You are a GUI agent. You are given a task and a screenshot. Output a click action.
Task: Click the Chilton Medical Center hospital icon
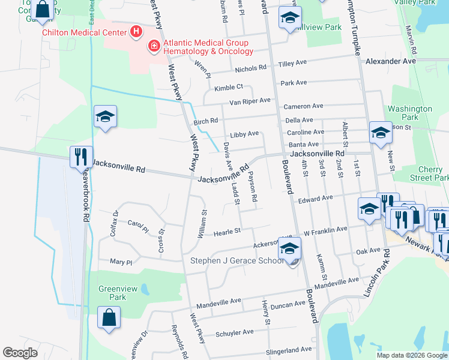point(136,31)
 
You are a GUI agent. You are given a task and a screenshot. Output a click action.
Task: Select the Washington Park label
point(410,113)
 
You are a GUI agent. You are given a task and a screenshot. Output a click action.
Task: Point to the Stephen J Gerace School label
point(237,260)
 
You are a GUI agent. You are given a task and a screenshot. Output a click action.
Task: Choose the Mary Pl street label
point(120,262)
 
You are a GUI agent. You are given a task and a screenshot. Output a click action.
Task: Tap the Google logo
point(20,353)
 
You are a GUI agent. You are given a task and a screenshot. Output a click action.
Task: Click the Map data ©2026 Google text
point(411,355)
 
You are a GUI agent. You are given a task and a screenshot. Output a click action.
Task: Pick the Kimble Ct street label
point(228,88)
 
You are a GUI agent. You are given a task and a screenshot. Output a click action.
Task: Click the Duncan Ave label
point(288,305)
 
